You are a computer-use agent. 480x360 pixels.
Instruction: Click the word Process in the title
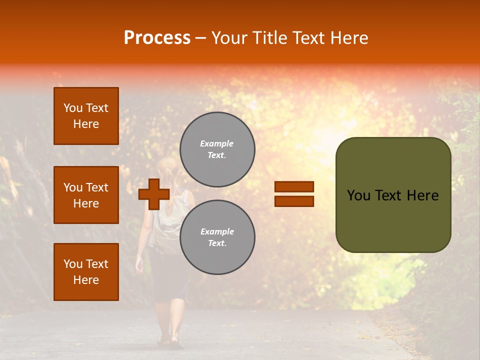point(157,38)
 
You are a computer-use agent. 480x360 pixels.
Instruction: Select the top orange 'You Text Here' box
point(86,116)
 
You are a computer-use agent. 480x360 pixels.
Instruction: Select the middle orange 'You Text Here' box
point(86,195)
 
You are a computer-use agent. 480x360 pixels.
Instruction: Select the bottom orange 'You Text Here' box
point(86,271)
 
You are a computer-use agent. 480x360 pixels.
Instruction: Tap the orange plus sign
point(154,194)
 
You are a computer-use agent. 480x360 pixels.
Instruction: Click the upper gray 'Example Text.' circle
point(217,149)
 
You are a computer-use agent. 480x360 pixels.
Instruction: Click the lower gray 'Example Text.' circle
point(217,237)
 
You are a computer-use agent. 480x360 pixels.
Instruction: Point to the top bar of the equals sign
point(294,186)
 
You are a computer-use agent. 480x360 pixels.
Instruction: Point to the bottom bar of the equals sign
point(294,201)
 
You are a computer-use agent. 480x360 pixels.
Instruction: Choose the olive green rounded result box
point(393,195)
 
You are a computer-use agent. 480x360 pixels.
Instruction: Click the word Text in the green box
point(393,195)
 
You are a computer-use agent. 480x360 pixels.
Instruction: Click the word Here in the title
point(350,38)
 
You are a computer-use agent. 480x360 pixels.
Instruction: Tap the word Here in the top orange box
point(86,124)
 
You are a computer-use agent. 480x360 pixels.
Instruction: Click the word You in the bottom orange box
point(73,264)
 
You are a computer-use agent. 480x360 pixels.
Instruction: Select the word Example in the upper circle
point(217,143)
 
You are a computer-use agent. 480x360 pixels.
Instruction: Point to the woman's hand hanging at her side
point(139,265)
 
